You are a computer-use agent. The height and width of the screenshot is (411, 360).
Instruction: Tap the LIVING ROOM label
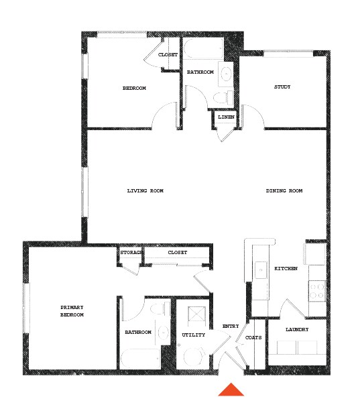tap(145, 191)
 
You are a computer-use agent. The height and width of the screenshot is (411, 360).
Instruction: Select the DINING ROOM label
tap(284, 191)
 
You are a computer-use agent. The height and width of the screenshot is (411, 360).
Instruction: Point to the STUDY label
tap(282, 87)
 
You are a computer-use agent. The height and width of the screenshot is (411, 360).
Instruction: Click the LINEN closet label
tap(226, 117)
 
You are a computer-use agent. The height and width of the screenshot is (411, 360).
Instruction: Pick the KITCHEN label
tap(286, 269)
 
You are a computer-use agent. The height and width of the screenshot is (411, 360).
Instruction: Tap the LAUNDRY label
tap(296, 330)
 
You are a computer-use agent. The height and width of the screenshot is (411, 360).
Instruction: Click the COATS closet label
tap(253, 337)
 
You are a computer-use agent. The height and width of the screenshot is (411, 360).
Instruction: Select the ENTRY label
tap(231, 327)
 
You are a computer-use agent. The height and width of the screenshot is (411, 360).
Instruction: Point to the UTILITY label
tap(194, 335)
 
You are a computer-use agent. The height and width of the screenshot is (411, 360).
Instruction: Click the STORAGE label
tap(131, 253)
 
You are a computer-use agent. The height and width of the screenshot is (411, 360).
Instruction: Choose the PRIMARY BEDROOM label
tap(72, 311)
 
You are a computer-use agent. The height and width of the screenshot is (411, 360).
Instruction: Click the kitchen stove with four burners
tap(316, 290)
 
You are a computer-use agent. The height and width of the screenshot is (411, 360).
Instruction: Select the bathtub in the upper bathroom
tap(204, 50)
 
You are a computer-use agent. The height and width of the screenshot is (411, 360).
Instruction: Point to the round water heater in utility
tap(195, 357)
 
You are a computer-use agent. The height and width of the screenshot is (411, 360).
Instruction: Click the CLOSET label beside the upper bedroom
tap(168, 54)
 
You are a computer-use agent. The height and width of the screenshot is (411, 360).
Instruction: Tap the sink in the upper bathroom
tap(227, 73)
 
